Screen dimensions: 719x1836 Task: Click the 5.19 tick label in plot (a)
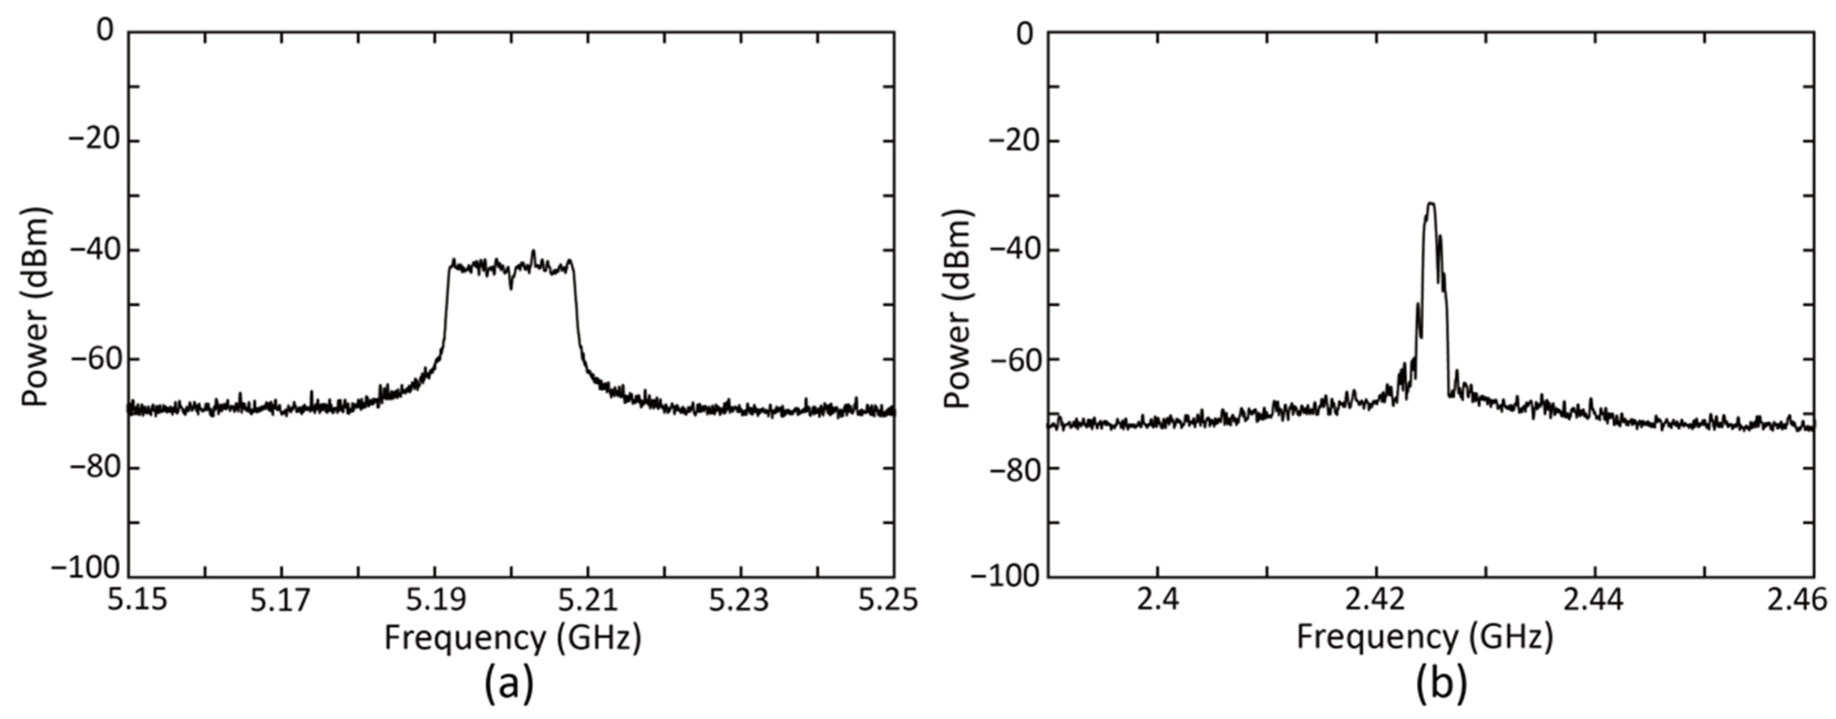pos(435,600)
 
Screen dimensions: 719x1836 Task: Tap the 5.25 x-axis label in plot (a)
pos(888,600)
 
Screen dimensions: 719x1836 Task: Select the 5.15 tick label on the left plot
pos(137,600)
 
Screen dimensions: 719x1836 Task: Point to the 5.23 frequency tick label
pos(739,600)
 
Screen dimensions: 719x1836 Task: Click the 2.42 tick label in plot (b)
pos(1376,600)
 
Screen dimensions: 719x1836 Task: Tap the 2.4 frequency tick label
pos(1158,600)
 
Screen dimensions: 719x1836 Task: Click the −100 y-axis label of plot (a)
pos(85,568)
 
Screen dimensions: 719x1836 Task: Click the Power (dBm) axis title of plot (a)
pos(35,306)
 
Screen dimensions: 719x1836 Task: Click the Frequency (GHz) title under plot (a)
pos(512,638)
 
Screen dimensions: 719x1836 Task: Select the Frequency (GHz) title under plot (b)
pos(1424,638)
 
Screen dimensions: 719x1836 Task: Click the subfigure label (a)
pos(509,685)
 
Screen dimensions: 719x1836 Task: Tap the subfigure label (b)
pos(1441,685)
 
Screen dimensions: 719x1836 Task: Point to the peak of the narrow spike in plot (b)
pos(1431,204)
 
